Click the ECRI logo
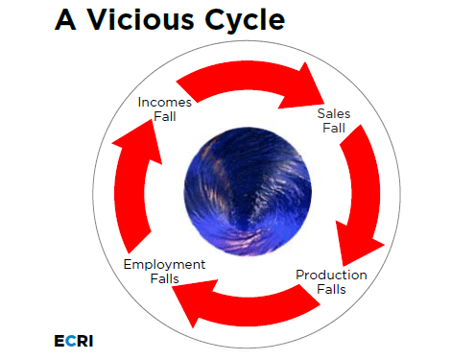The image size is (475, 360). (74, 341)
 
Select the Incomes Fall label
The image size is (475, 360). (165, 108)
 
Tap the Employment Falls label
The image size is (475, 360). (163, 271)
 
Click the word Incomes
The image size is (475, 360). (165, 102)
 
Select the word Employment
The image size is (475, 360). (163, 264)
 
